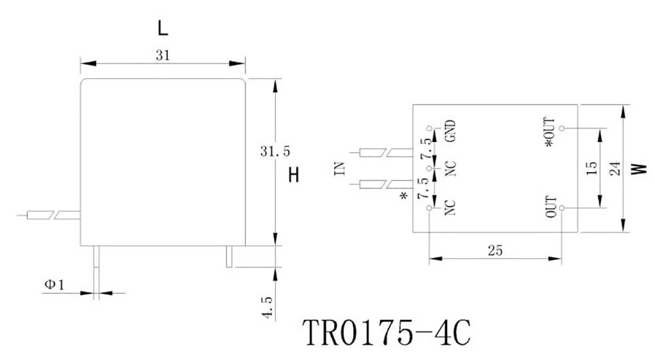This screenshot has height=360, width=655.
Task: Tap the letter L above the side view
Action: [x=163, y=27]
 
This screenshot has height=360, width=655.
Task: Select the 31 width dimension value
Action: [x=163, y=56]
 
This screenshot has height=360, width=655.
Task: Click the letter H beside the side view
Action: [x=294, y=175]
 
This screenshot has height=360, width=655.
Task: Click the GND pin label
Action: [x=451, y=132]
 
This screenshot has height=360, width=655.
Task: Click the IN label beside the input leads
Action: [x=339, y=169]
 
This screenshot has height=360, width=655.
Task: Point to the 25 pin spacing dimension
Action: [x=495, y=250]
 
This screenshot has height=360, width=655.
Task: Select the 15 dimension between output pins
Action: [x=591, y=168]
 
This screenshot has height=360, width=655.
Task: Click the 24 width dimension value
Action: [x=614, y=168]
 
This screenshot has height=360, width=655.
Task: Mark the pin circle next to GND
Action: [x=430, y=128]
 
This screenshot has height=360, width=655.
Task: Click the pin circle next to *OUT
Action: [x=562, y=128]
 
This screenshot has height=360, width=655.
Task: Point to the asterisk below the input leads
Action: [x=403, y=197]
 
